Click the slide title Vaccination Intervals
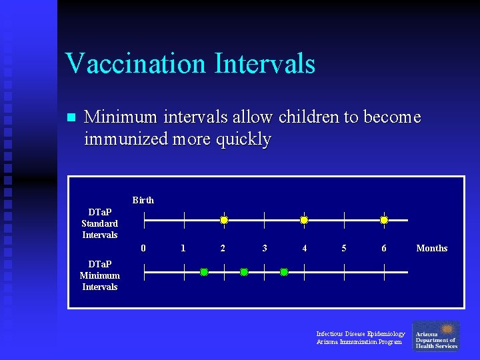pos(190,64)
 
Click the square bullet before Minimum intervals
pos(72,118)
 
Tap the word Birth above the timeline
pos(143,200)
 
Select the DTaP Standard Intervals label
pos(99,223)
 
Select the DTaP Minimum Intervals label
pos(99,275)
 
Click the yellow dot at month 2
pos(224,220)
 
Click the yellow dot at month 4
pos(304,220)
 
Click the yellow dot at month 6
pos(384,220)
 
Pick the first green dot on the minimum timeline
pos(204,272)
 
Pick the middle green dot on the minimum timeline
pos(244,272)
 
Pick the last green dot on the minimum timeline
pos(284,272)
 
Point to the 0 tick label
pos(143,248)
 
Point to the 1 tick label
pos(183,248)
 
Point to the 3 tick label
pos(265,248)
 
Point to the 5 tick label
pos(344,248)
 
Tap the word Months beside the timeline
pos(431,248)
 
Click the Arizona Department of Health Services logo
pos(436,336)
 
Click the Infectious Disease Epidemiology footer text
pos(360,334)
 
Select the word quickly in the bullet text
pos(247,139)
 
